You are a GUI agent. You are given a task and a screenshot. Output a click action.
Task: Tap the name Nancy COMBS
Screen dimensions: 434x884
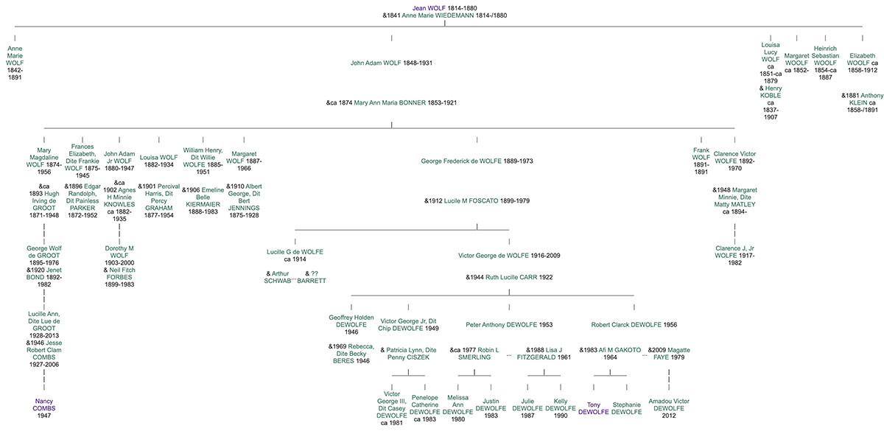click(x=44, y=405)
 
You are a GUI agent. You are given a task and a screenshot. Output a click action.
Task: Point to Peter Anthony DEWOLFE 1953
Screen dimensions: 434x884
click(x=503, y=324)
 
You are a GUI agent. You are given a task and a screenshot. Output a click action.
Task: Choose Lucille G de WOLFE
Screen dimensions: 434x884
click(x=295, y=252)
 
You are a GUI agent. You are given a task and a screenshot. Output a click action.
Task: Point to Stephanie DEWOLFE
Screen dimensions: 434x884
click(x=626, y=408)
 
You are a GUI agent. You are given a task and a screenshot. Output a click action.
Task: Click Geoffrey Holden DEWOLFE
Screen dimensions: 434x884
click(x=351, y=321)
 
